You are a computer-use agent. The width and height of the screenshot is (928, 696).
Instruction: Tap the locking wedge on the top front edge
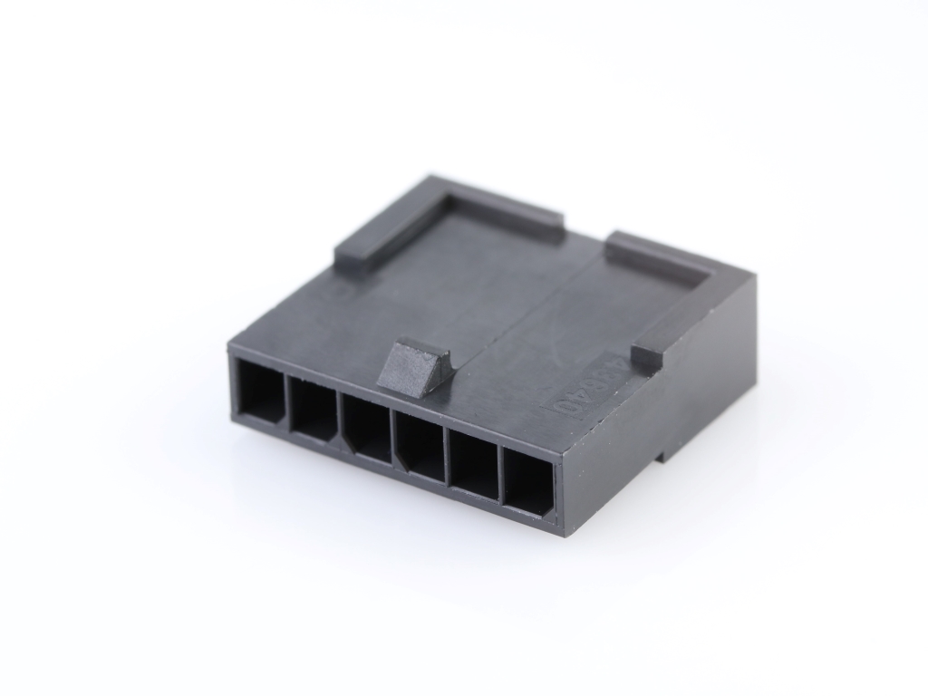pyautogui.click(x=415, y=366)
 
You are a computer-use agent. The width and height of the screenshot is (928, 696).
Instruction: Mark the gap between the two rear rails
pyautogui.click(x=585, y=237)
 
